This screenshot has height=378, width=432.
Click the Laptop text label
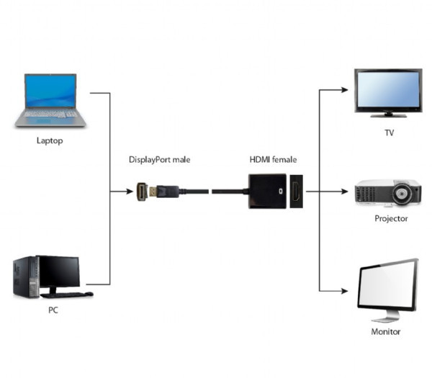pos(50,140)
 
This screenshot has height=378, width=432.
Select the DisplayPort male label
pos(160,159)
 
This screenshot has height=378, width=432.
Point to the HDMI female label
pos(273,159)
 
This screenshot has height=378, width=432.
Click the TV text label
pos(389,133)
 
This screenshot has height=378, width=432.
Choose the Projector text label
pos(391,218)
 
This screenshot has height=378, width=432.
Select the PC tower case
pos(24,277)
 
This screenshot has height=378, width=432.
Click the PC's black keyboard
pos(66,294)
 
